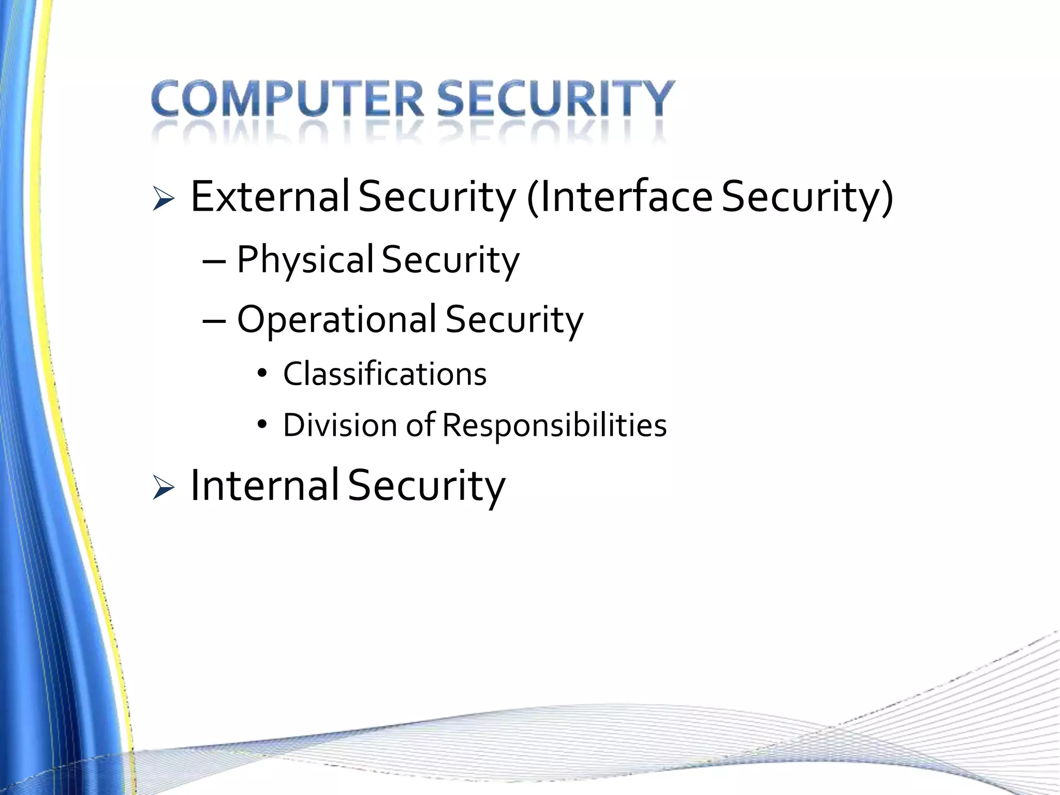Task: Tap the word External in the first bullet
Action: (270, 196)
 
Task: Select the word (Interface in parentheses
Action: (619, 196)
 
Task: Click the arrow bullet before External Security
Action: (164, 199)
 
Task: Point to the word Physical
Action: (305, 260)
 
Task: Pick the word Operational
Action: (336, 319)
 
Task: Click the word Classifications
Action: (385, 374)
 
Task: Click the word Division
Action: (340, 425)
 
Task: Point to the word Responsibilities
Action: (554, 425)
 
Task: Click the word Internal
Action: (264, 485)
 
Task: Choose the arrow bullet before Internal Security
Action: (164, 488)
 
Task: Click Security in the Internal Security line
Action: (426, 486)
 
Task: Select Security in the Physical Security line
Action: (450, 260)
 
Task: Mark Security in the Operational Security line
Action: (514, 319)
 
